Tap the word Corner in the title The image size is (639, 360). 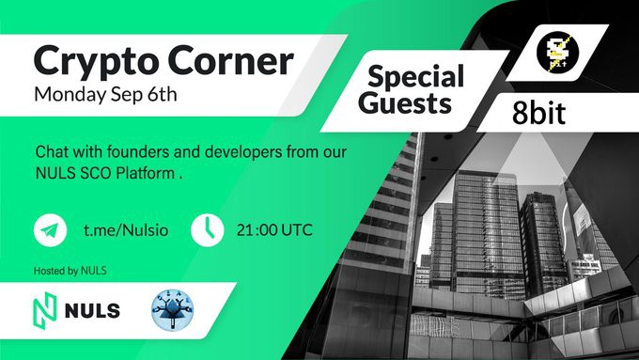pyautogui.click(x=230, y=60)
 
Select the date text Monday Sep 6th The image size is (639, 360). pyautogui.click(x=105, y=95)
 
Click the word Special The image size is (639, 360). pyautogui.click(x=415, y=77)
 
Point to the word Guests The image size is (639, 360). pyautogui.click(x=405, y=102)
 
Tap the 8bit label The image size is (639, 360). pyautogui.click(x=538, y=113)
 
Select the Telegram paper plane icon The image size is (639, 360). pyautogui.click(x=50, y=230)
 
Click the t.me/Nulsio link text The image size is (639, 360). pyautogui.click(x=126, y=230)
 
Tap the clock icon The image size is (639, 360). pyautogui.click(x=207, y=230)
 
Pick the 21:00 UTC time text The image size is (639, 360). pyautogui.click(x=274, y=230)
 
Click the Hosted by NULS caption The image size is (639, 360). pyautogui.click(x=70, y=271)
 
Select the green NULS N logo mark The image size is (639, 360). pyautogui.click(x=44, y=311)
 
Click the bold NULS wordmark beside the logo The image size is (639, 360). pyautogui.click(x=92, y=311)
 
